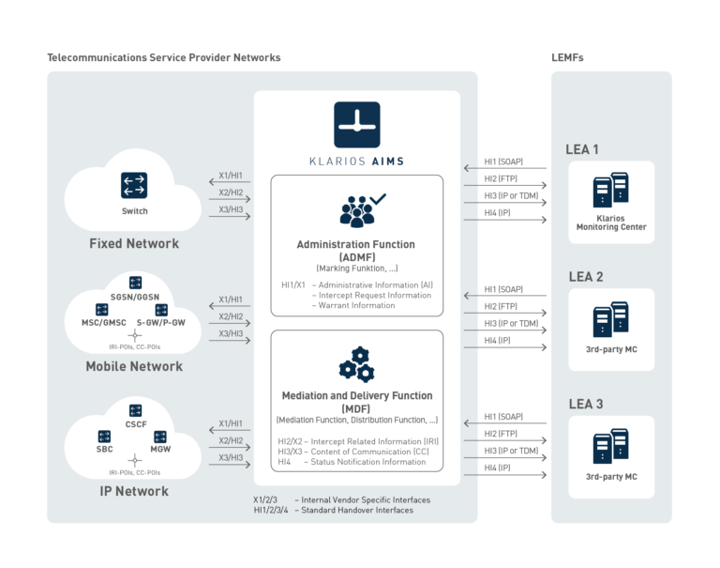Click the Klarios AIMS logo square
[356, 125]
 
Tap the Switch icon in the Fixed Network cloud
[134, 185]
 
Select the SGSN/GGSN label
[135, 298]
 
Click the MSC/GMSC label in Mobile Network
[102, 323]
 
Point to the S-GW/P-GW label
[167, 323]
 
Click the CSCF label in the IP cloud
[135, 423]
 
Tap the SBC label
[105, 450]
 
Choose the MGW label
[161, 450]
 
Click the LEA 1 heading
[583, 149]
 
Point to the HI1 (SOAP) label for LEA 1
[503, 161]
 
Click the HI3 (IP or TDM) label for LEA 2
[511, 323]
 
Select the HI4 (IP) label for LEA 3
[497, 468]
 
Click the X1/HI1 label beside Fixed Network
[231, 176]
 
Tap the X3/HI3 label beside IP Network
[231, 457]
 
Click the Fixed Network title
[134, 243]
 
